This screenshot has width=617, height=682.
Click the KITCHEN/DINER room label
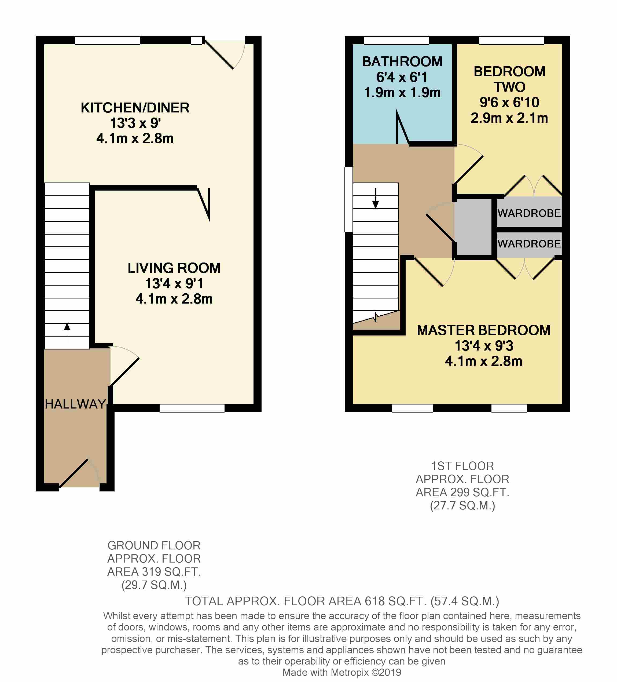pyautogui.click(x=135, y=108)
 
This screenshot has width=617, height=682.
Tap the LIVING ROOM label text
pyautogui.click(x=174, y=268)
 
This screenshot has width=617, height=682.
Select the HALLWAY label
pyautogui.click(x=75, y=404)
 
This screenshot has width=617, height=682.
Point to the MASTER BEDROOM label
pyautogui.click(x=484, y=330)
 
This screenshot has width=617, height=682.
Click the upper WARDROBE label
pyautogui.click(x=529, y=213)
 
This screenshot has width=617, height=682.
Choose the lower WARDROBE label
pyautogui.click(x=529, y=244)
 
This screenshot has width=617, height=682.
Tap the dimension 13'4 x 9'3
pyautogui.click(x=484, y=346)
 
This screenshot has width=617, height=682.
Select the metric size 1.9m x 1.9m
pyautogui.click(x=402, y=92)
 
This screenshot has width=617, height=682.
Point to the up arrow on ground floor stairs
pyautogui.click(x=67, y=333)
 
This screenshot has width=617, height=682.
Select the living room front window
pyautogui.click(x=192, y=408)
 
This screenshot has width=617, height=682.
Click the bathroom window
pyautogui.click(x=396, y=40)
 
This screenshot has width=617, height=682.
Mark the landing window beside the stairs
pyautogui.click(x=348, y=200)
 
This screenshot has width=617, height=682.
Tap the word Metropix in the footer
pyautogui.click(x=349, y=673)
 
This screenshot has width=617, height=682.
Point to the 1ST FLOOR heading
pyautogui.click(x=462, y=466)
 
